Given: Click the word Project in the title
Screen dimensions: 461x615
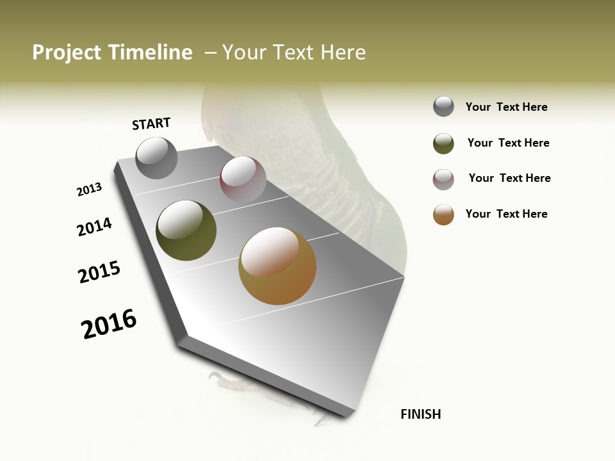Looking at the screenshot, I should (67, 53).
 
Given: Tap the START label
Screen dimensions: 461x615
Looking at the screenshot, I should (151, 124).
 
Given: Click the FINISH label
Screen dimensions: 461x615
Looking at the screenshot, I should (421, 414).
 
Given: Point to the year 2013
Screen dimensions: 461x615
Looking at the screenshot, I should (89, 190).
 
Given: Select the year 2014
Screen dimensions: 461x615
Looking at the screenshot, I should (94, 227).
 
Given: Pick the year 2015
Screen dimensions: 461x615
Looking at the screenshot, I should (99, 272).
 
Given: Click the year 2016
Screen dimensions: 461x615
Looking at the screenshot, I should (109, 324).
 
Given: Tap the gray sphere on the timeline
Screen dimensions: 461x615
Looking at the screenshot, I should (156, 158).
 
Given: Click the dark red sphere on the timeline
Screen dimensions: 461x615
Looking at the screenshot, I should (243, 179).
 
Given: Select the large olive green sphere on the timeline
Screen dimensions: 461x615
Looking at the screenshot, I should (186, 230).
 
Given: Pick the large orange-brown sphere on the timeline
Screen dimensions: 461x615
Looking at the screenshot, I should (277, 266).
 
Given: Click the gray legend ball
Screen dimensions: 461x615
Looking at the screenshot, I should (443, 107).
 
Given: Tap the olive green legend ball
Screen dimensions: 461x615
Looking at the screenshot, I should (443, 143).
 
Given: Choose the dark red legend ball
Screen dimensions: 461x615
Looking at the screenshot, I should (443, 179).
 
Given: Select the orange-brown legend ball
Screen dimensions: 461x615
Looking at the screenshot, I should (443, 214).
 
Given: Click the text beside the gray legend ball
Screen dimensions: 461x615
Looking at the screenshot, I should (506, 107).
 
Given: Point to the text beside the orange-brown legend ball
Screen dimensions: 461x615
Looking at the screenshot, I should (506, 214).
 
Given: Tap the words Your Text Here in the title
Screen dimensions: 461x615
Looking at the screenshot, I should (294, 53).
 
